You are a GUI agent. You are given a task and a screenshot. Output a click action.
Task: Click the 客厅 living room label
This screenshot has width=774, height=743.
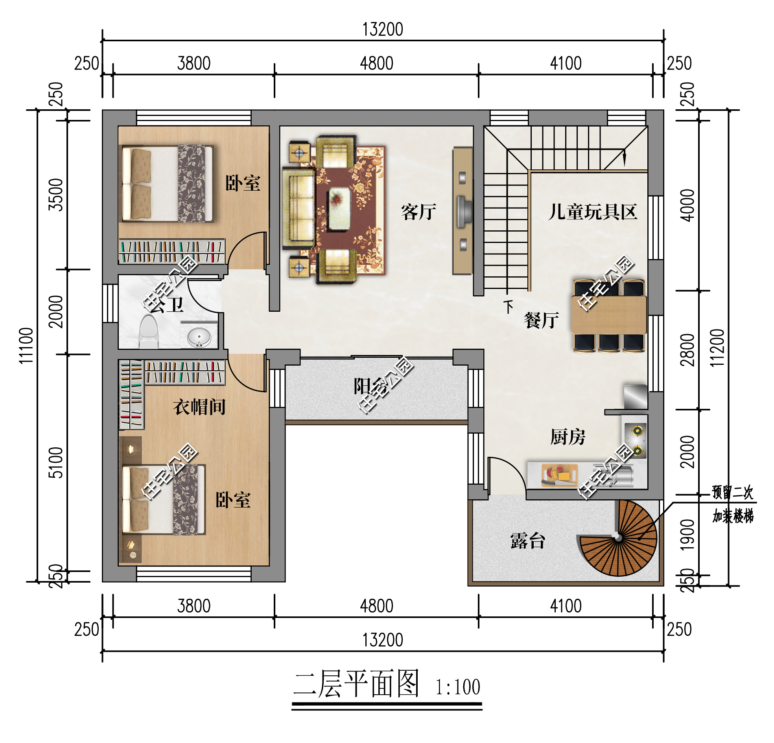pyautogui.click(x=418, y=212)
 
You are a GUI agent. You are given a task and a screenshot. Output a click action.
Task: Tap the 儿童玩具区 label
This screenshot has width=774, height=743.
pyautogui.click(x=592, y=212)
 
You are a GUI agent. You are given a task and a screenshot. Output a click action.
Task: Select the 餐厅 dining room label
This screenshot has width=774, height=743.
pyautogui.click(x=541, y=320)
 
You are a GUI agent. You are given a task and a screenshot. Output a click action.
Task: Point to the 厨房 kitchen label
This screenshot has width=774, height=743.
pyautogui.click(x=568, y=437)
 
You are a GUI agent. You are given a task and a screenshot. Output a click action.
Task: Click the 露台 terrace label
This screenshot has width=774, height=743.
pyautogui.click(x=527, y=541)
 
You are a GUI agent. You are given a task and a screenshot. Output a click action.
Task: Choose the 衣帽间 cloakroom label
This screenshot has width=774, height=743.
pyautogui.click(x=199, y=406)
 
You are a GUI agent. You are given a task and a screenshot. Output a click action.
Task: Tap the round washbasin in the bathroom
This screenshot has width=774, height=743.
pyautogui.click(x=199, y=338)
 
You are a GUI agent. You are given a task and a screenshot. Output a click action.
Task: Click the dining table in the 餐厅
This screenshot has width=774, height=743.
pyautogui.click(x=608, y=314)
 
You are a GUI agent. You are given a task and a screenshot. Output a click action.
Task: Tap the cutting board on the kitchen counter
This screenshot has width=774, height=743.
pyautogui.click(x=559, y=474)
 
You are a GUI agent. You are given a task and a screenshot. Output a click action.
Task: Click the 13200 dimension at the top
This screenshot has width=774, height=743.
pyautogui.click(x=383, y=29)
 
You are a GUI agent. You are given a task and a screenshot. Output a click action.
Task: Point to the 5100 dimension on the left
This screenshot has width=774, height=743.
pyautogui.click(x=56, y=462)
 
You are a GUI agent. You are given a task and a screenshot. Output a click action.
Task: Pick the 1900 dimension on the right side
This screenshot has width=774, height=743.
pyautogui.click(x=687, y=535)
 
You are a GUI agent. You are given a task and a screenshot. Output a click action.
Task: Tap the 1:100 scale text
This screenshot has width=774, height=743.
pyautogui.click(x=457, y=687)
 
